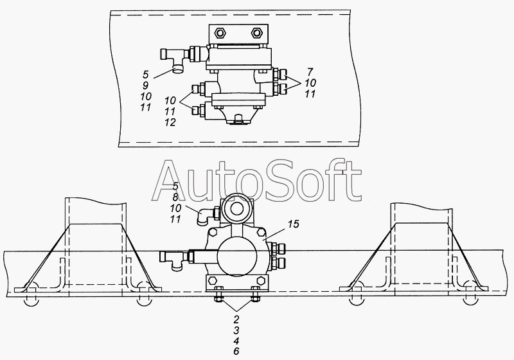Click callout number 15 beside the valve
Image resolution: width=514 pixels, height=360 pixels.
pyautogui.click(x=294, y=224)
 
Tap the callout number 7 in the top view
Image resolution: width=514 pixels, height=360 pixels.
pyautogui.click(x=310, y=71)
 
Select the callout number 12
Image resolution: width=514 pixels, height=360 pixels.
pyautogui.click(x=170, y=122)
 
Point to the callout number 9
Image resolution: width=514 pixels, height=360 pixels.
pyautogui.click(x=145, y=85)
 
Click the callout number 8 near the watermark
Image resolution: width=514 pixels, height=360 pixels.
pyautogui.click(x=175, y=197)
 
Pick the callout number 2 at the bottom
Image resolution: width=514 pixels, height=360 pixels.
pyautogui.click(x=236, y=319)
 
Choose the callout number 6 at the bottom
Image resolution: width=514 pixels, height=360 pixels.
pyautogui.click(x=236, y=351)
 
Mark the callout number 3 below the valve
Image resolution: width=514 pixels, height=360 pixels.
pyautogui.click(x=236, y=330)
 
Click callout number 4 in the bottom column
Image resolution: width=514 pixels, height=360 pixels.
pyautogui.click(x=236, y=340)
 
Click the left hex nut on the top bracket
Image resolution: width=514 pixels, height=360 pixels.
pyautogui.click(x=220, y=33)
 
